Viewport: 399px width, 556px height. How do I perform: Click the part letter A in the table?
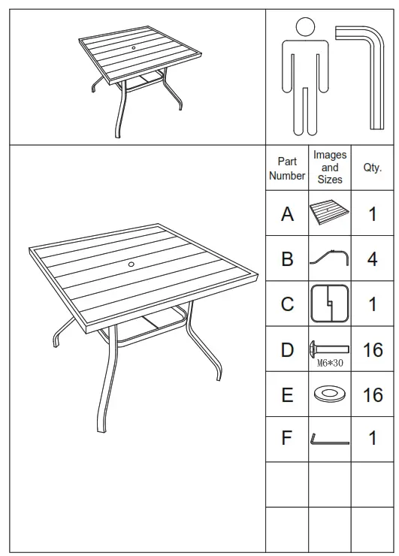(x=287, y=214)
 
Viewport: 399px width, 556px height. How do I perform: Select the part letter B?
(x=287, y=259)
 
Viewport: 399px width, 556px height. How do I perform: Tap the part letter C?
(x=287, y=304)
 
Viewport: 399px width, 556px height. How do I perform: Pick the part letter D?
(x=287, y=349)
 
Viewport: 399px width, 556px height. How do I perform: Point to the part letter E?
(x=287, y=394)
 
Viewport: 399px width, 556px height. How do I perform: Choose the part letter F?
(x=287, y=439)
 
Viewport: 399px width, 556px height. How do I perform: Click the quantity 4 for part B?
(x=373, y=259)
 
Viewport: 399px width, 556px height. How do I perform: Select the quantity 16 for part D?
(x=373, y=349)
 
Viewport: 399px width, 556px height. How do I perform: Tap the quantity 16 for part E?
(x=373, y=394)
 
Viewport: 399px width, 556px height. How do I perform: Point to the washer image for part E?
(x=330, y=394)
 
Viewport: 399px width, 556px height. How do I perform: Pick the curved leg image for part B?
(x=330, y=258)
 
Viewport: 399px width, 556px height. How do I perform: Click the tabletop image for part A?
(x=330, y=214)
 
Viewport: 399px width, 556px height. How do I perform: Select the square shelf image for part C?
(x=330, y=304)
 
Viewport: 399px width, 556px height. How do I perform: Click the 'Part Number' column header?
(x=287, y=168)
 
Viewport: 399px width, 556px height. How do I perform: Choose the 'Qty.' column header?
(x=373, y=168)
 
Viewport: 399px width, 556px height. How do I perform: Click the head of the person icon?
(x=305, y=28)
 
